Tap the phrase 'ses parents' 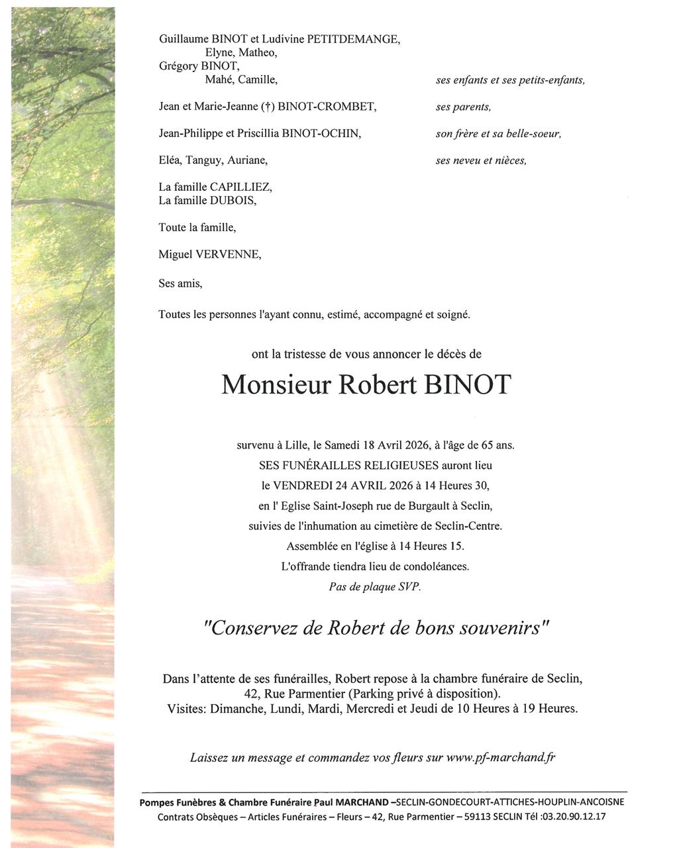click(463, 107)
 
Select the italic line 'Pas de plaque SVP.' click(375, 587)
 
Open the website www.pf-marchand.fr click(500, 757)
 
